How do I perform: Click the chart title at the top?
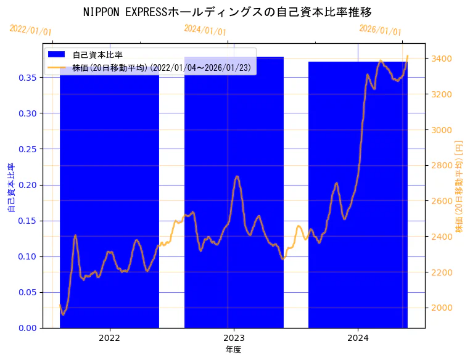[x=227, y=12]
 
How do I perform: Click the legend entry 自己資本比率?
[x=97, y=55]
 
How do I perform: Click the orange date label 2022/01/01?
[x=31, y=30]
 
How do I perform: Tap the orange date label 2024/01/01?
[x=205, y=30]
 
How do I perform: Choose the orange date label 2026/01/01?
[x=380, y=30]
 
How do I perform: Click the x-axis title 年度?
[x=233, y=350]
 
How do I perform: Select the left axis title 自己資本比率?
[x=10, y=187]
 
